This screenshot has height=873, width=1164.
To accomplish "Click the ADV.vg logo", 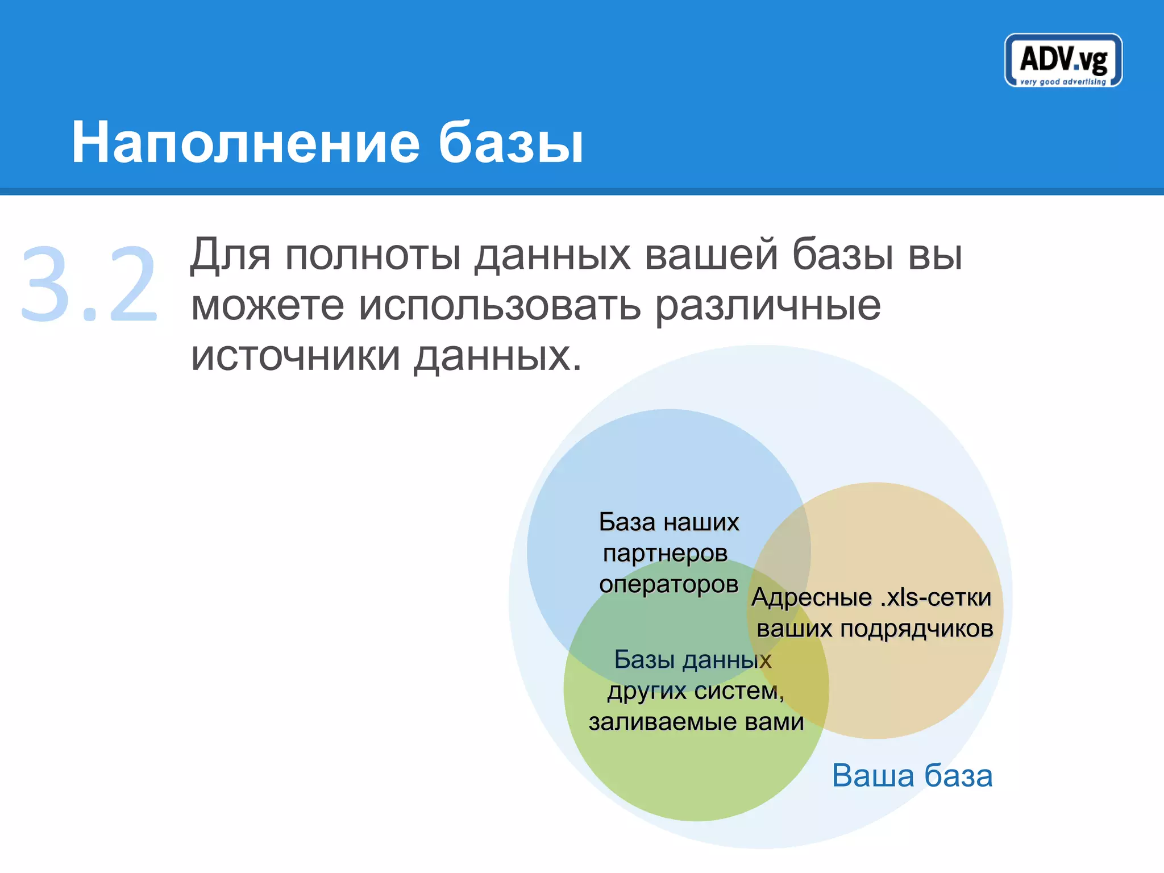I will click(1063, 59).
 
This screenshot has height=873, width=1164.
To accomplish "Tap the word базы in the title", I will click(510, 143).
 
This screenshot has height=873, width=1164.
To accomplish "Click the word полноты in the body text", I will click(372, 255).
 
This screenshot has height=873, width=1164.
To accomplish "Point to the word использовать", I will click(500, 306).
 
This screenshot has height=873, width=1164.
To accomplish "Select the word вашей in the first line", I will click(711, 255).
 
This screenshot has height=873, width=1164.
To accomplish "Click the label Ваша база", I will click(912, 775).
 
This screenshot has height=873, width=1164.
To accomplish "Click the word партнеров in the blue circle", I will click(665, 553).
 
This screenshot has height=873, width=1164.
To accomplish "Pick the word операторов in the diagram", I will click(668, 584).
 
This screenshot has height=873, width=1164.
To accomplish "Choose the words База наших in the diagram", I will click(669, 522).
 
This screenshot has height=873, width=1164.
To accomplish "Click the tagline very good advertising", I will click(1063, 82).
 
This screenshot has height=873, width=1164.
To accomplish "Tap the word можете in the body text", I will click(267, 306).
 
